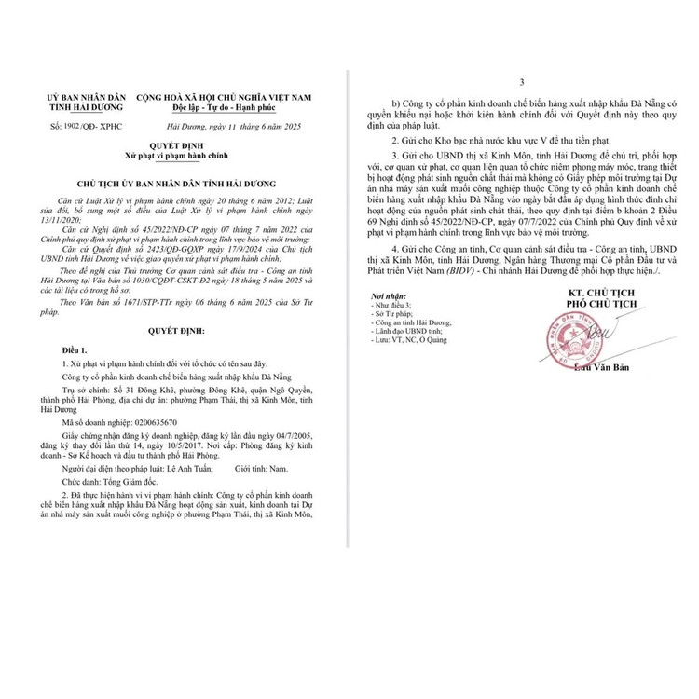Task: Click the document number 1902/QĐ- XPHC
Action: point(76,123)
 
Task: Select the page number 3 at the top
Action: point(523,83)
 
